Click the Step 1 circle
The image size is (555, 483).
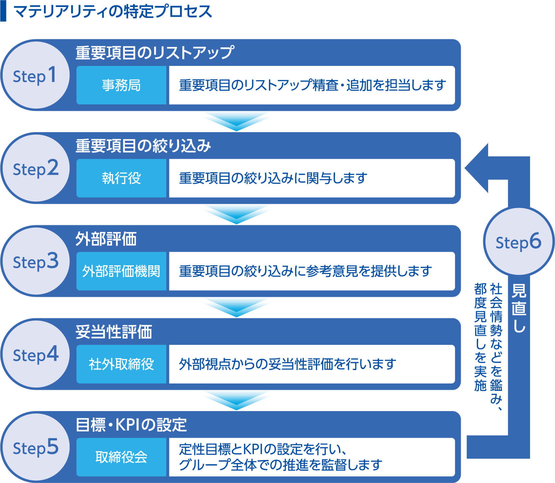tap(35, 75)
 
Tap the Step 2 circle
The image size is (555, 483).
tap(35, 168)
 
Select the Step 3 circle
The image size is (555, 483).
tap(35, 261)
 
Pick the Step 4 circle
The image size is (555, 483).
tap(35, 354)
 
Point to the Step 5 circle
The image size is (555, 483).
tap(35, 447)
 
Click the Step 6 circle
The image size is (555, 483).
tap(518, 242)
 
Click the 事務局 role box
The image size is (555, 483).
tap(121, 85)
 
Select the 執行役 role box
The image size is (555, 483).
tap(121, 178)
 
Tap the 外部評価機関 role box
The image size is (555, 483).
tap(121, 271)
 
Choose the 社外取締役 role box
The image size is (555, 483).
tap(121, 364)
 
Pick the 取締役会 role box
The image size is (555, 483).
tap(121, 457)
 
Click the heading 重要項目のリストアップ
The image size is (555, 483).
tap(155, 53)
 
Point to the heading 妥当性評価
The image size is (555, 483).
tap(114, 332)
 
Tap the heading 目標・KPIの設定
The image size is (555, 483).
tap(131, 425)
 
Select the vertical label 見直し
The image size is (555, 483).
tap(519, 308)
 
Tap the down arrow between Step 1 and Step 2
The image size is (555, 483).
tap(236, 121)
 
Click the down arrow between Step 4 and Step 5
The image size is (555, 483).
tap(236, 400)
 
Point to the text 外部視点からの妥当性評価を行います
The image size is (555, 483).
tap(287, 364)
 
